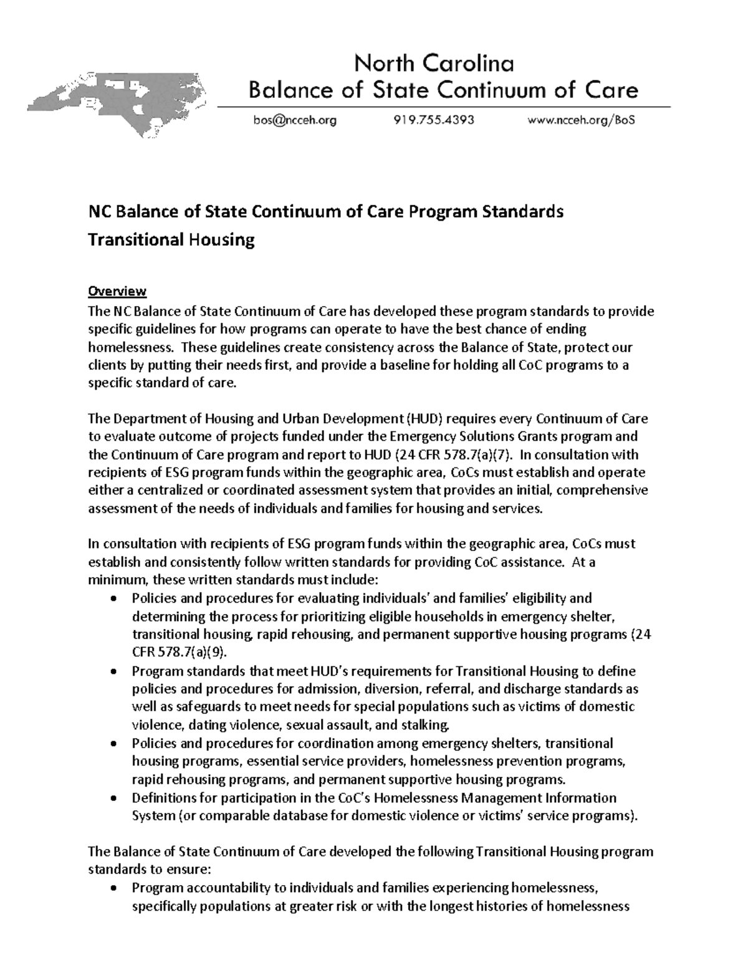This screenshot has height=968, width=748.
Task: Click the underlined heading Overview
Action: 117,291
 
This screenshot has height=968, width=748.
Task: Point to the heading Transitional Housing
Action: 171,240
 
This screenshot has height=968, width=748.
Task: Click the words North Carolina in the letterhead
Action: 434,64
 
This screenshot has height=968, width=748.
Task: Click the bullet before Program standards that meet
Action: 112,673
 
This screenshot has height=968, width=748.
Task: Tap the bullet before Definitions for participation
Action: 112,799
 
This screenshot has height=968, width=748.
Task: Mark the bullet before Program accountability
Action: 112,889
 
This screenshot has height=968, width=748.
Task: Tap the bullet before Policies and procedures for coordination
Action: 112,744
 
